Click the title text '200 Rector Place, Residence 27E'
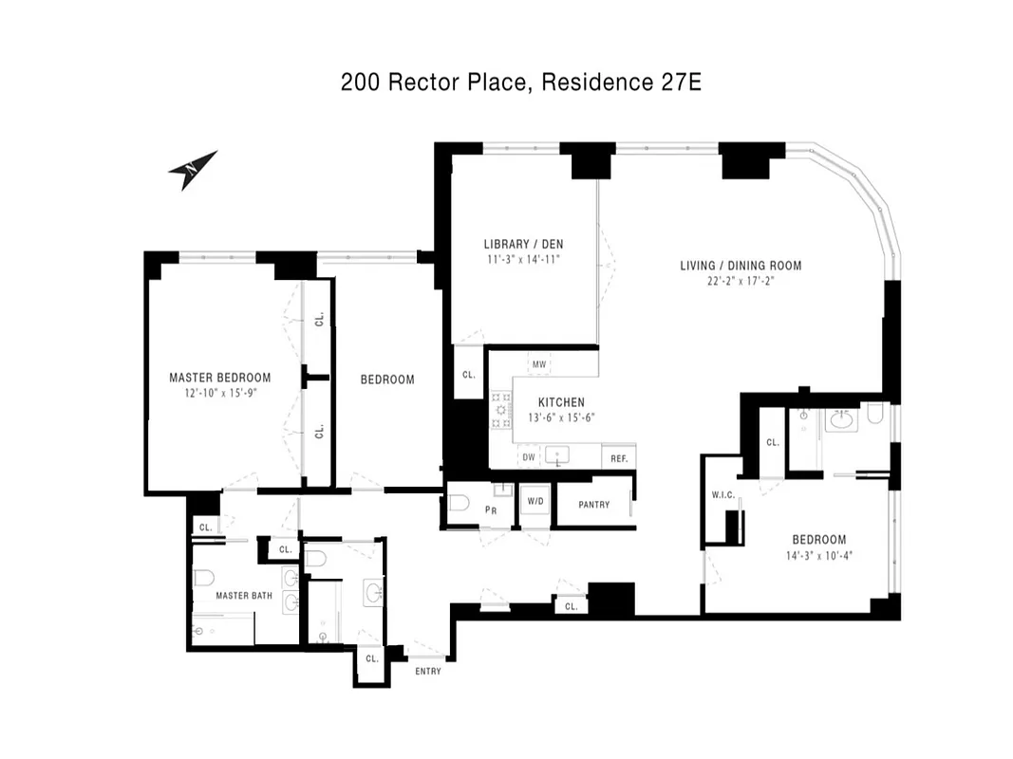point(521,83)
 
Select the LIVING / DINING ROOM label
point(741,265)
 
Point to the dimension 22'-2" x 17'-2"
point(741,281)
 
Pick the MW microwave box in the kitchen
point(539,364)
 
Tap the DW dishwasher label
point(529,457)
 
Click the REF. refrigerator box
point(619,458)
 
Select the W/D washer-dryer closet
point(534,501)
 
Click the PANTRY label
point(593,505)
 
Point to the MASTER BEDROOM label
point(219,378)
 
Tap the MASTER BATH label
point(244,596)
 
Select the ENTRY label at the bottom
point(428,672)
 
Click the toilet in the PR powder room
point(460,507)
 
